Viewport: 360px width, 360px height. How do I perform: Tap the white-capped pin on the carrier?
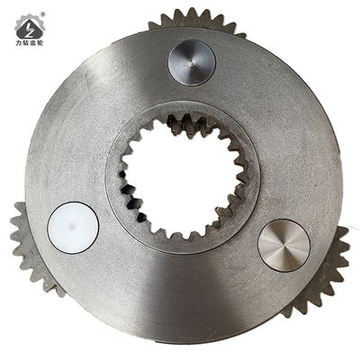(73, 226)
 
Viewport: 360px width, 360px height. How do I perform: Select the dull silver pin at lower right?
(283, 245)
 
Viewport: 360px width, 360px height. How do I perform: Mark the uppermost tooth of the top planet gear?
(197, 12)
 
